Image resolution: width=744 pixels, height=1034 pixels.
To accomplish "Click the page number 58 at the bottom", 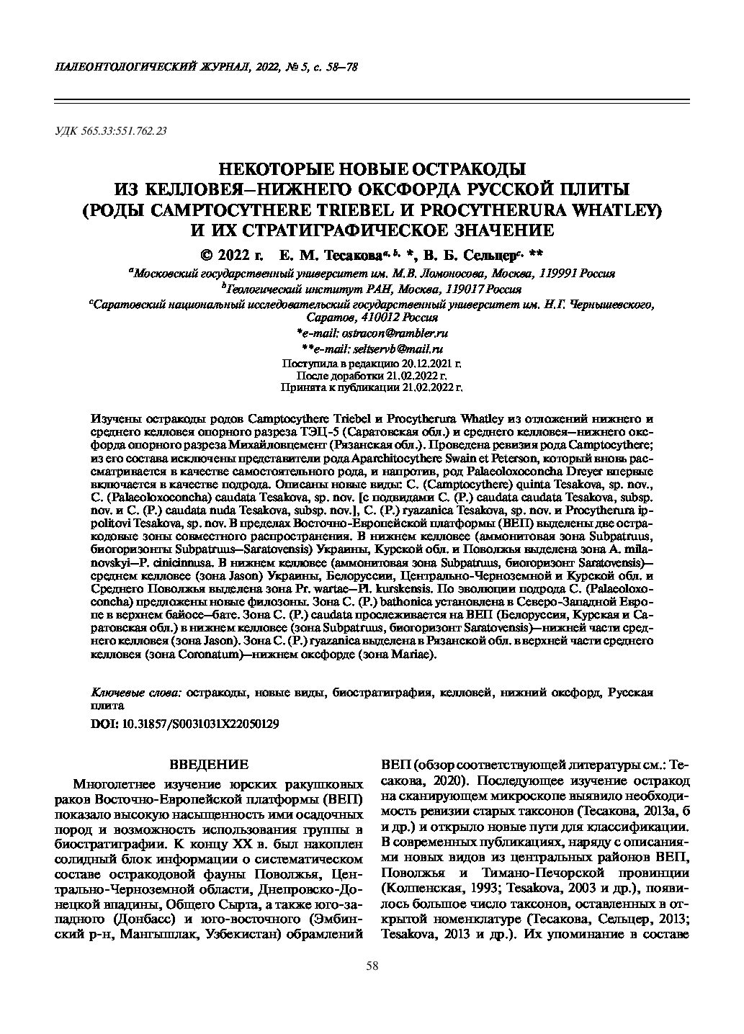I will [372, 966].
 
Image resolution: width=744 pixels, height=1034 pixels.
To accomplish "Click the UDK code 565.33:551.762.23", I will [125, 131].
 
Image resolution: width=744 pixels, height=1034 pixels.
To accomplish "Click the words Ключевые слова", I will [137, 692].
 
